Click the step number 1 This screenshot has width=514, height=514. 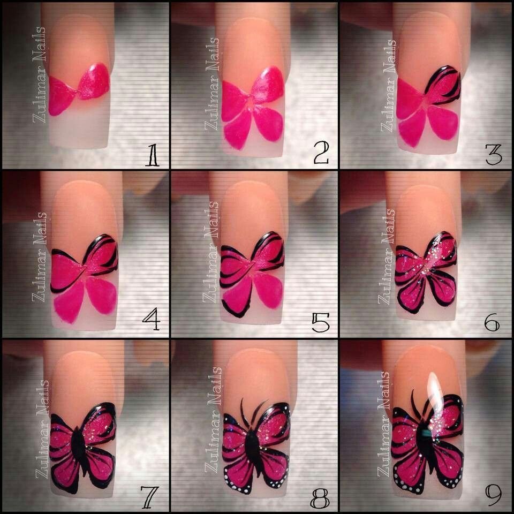click(152, 155)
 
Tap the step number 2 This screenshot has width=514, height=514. click(321, 154)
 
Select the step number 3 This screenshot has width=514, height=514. click(494, 155)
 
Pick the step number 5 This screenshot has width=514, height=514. click(321, 322)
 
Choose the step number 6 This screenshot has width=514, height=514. click(492, 322)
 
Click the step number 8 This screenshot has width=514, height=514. click(320, 498)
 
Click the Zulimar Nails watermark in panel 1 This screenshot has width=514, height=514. click(39, 75)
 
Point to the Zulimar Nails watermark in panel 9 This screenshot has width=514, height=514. click(383, 424)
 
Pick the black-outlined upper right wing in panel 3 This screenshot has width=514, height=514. click(443, 85)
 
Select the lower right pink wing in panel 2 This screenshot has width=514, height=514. click(268, 123)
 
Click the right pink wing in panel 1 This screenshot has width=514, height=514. click(94, 81)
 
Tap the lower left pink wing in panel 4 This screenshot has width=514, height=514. click(69, 301)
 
